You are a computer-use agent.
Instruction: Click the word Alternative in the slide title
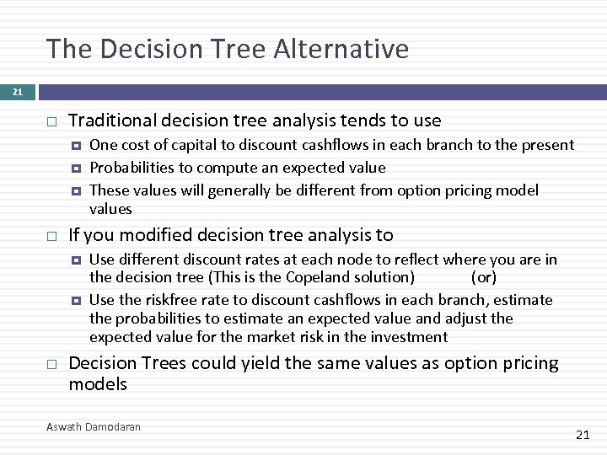point(341,49)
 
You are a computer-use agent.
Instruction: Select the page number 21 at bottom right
point(582,434)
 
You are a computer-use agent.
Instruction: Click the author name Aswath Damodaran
point(94,427)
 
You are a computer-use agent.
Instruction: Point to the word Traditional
point(106,121)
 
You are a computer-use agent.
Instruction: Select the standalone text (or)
point(484,277)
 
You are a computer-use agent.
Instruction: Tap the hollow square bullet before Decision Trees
point(51,364)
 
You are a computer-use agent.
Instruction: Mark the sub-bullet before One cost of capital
point(76,146)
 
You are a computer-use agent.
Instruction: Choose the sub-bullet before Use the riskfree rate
point(76,301)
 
